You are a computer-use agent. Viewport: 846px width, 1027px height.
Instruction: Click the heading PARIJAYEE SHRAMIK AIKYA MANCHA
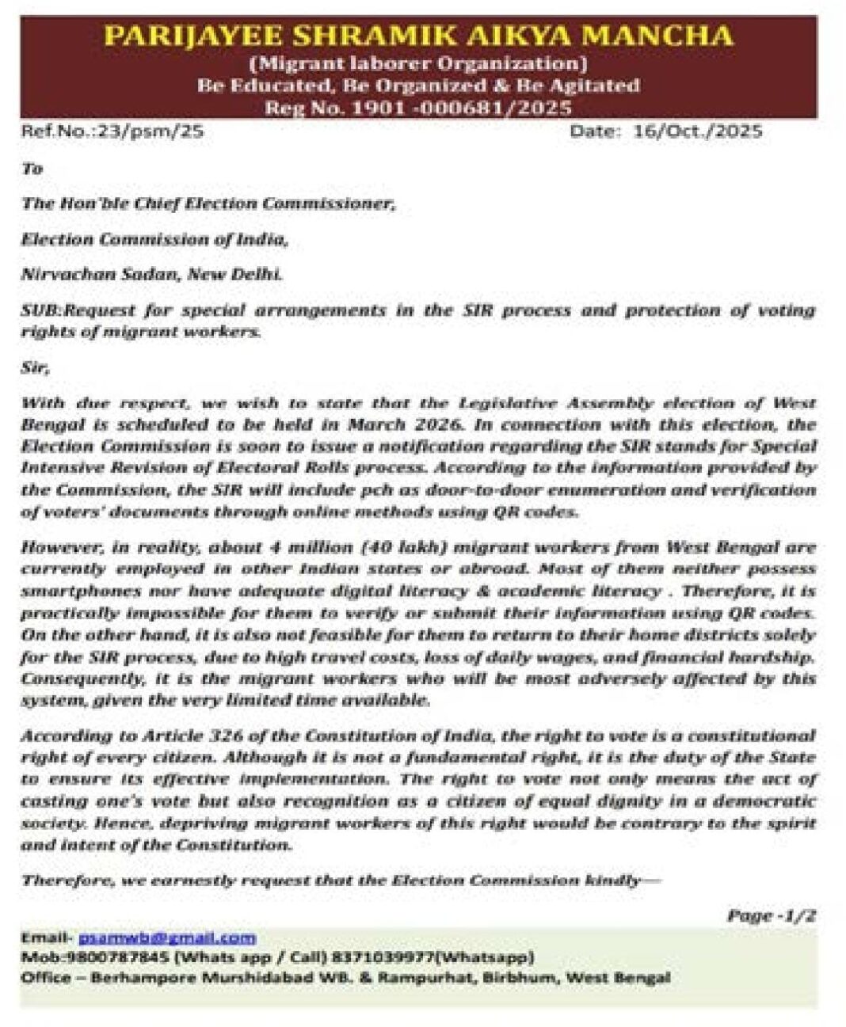tap(418, 36)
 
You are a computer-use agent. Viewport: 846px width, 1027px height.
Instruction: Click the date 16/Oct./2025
tap(697, 131)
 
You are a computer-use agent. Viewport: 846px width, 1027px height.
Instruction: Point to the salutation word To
tap(32, 168)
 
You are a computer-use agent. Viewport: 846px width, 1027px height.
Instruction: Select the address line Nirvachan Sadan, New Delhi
tap(151, 274)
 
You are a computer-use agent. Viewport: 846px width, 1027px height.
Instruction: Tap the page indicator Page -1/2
tap(771, 915)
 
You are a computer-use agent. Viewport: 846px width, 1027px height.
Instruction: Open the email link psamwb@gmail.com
tap(167, 938)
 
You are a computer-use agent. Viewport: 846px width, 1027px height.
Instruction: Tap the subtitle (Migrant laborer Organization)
tap(418, 62)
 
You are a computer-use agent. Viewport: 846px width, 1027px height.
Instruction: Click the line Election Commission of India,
tap(155, 238)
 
